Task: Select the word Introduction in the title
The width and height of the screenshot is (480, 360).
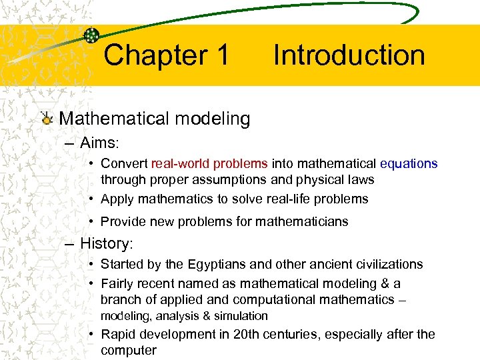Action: point(349,55)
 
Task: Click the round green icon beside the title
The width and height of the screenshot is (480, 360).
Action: point(92,35)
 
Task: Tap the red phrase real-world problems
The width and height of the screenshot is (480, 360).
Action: point(209,163)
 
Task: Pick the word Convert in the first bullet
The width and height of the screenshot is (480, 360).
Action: point(124,163)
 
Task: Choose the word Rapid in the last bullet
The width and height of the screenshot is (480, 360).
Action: point(118,334)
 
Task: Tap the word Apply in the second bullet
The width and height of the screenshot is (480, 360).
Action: point(117,199)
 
